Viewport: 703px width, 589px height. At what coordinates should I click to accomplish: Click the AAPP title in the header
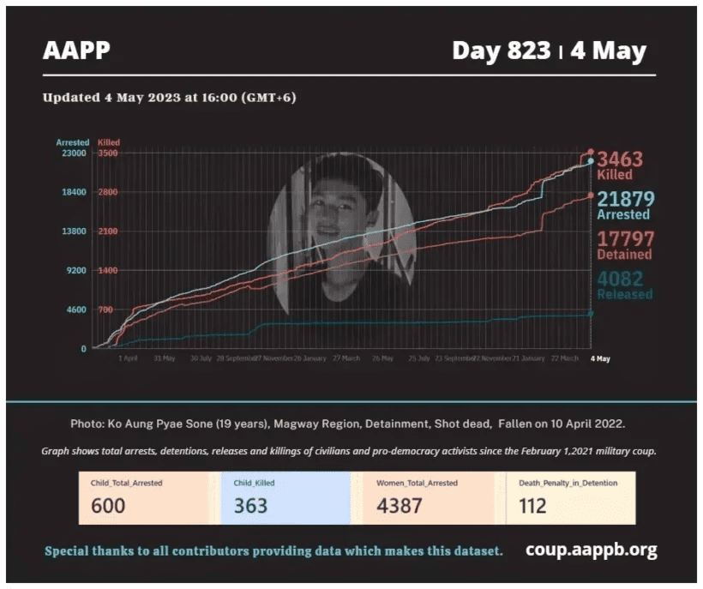76,51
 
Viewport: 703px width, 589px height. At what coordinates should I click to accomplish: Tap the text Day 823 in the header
501,51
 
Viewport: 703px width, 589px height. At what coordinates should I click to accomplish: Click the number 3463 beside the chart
619,159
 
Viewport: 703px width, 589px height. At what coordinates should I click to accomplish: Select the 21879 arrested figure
625,200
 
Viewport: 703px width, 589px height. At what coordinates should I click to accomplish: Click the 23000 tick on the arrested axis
75,153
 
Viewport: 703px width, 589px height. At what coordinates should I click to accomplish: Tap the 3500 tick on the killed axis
107,153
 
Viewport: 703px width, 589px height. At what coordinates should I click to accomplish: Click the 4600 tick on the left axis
77,310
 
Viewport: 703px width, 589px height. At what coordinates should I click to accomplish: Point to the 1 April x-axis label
128,358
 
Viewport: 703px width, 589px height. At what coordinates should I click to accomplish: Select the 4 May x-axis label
600,358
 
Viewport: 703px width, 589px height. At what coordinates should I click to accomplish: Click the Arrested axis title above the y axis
72,142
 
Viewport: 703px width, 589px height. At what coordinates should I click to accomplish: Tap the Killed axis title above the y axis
109,142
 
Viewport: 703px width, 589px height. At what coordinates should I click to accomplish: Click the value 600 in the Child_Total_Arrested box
108,506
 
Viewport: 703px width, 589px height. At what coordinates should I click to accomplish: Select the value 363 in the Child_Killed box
250,506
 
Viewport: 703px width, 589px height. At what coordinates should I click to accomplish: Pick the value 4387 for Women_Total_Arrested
399,506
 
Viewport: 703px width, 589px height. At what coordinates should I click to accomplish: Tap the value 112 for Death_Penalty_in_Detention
532,506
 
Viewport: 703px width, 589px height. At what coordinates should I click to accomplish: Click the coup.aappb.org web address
591,550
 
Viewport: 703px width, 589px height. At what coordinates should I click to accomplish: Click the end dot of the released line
590,314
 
